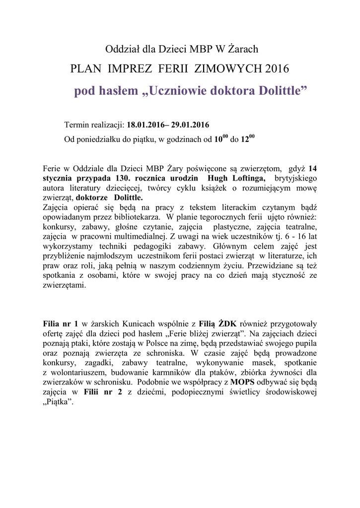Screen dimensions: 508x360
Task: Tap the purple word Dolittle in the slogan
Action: pyautogui.click(x=278, y=91)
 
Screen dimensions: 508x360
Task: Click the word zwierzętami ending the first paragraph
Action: pyautogui.click(x=65, y=286)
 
